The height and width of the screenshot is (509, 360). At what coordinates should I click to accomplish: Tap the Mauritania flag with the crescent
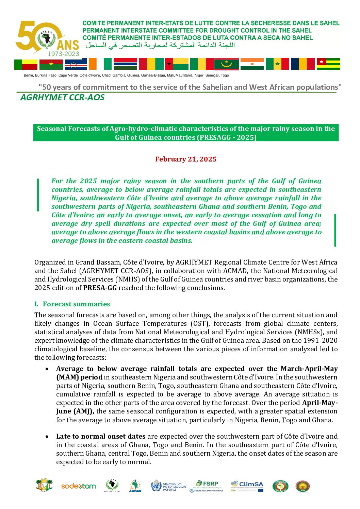226,64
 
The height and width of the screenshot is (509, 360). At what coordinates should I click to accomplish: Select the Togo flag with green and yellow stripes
328,64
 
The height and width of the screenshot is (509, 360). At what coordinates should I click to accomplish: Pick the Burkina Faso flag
51,64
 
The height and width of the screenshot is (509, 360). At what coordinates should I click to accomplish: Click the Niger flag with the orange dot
252,64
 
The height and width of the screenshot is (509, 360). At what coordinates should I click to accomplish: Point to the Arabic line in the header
160,45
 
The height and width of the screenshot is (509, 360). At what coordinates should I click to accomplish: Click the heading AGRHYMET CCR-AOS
62,98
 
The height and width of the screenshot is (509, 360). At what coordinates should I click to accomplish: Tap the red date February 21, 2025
186,159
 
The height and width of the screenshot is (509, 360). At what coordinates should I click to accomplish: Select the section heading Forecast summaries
76,304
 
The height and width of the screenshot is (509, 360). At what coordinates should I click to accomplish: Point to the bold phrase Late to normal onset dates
101,436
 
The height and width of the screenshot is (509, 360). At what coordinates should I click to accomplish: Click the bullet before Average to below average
47,369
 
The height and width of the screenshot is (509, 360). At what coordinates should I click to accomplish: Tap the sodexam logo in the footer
78,486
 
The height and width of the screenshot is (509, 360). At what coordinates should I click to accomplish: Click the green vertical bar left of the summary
38,194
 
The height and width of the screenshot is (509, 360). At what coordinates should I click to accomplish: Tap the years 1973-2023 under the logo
63,53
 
